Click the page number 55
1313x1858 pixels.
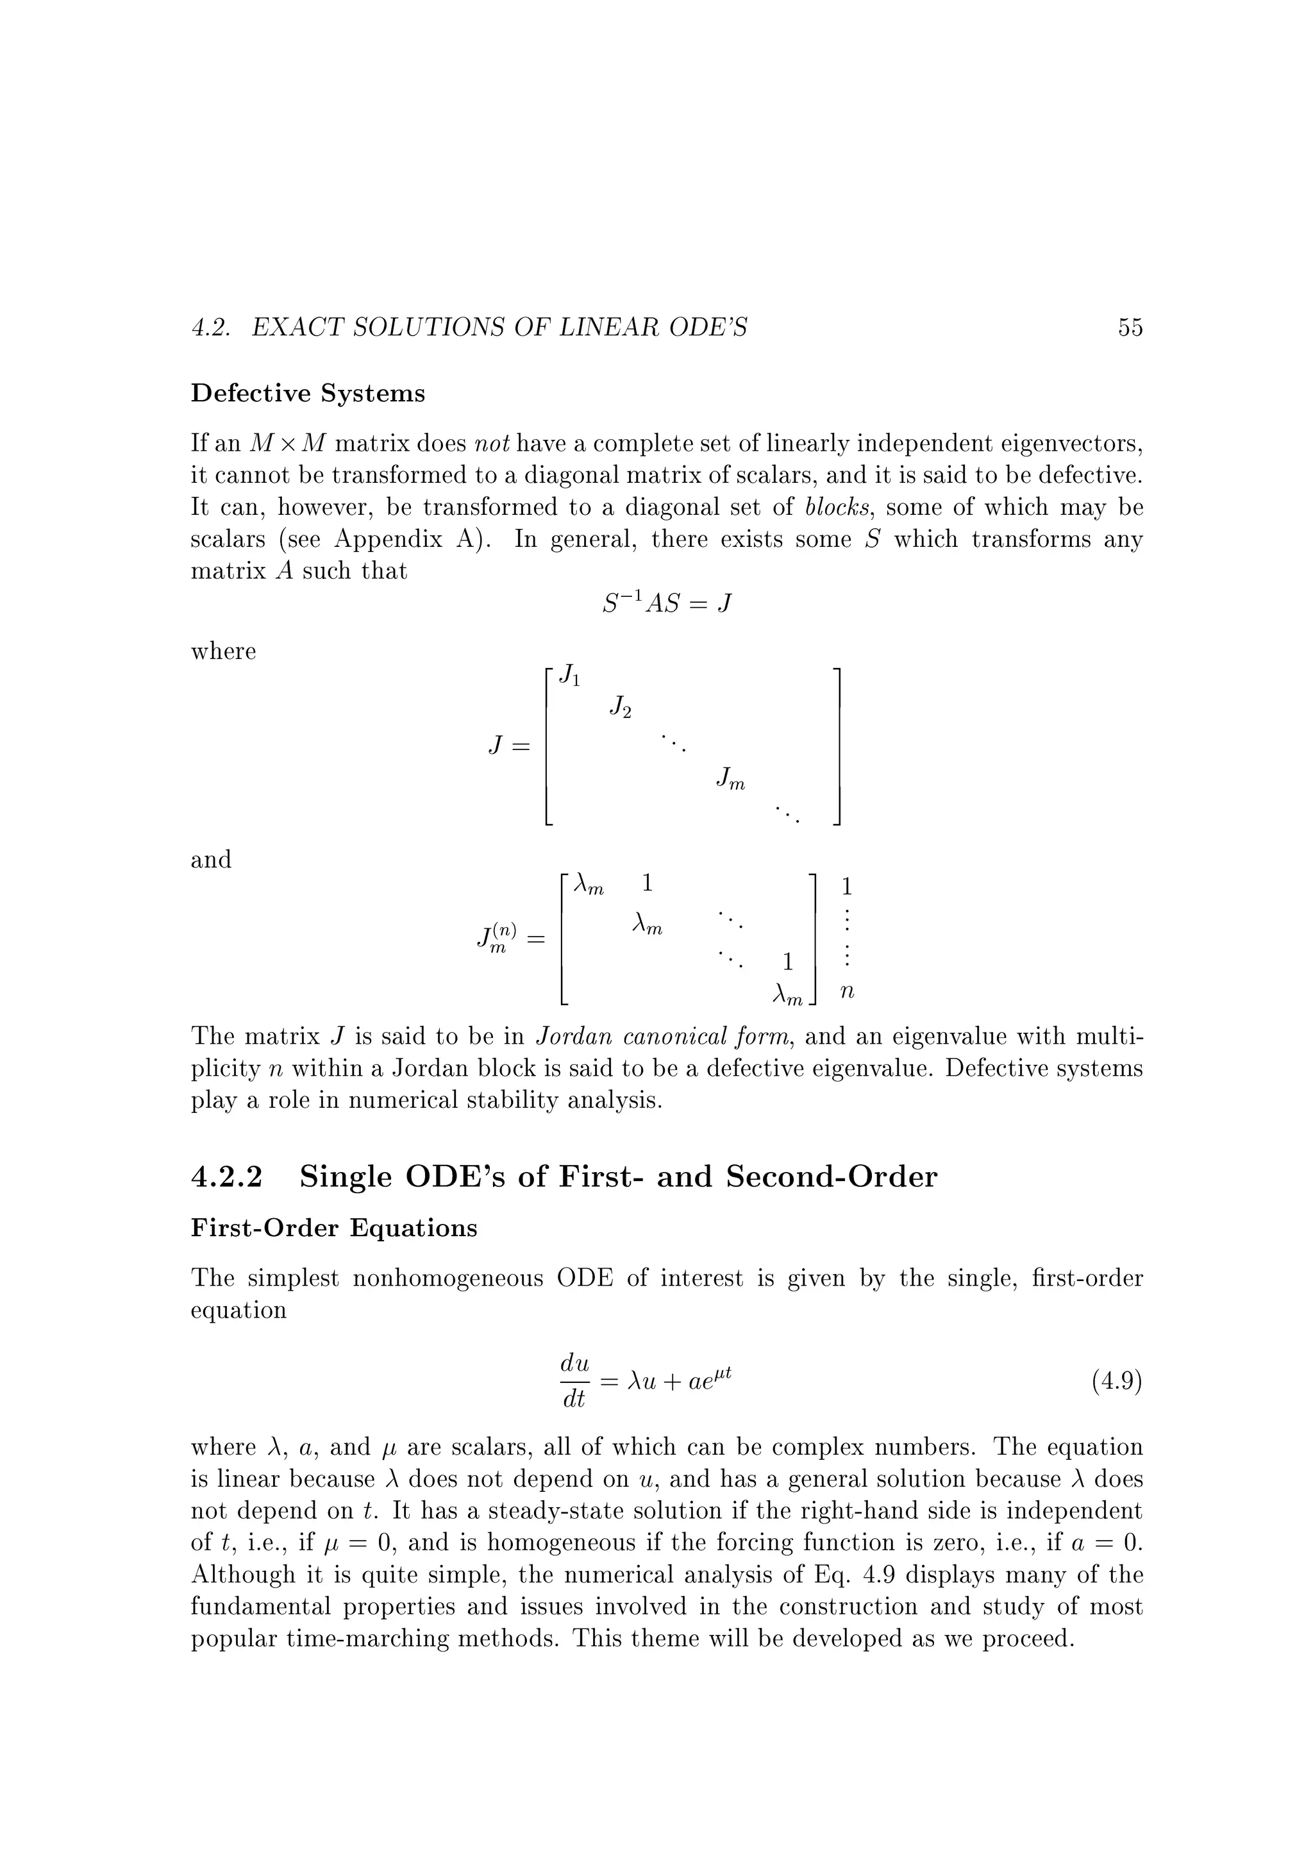click(x=1130, y=328)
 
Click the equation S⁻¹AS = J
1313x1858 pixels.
click(x=667, y=604)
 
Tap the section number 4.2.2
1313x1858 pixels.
click(x=228, y=1176)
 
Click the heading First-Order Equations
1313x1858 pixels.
click(x=334, y=1228)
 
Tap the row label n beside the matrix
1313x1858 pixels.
click(x=847, y=991)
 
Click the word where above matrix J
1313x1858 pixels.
click(x=223, y=651)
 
